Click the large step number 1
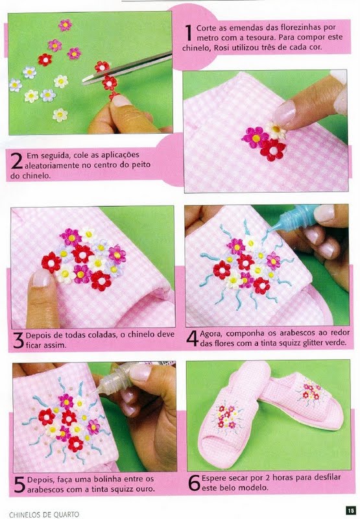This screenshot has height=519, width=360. point(189,33)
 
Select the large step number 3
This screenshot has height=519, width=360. point(18,340)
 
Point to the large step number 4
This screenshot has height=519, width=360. point(193,338)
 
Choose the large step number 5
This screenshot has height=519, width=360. point(20,484)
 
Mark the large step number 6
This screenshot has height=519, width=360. point(194,483)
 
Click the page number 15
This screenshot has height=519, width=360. point(350,510)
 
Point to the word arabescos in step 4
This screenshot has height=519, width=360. point(298,333)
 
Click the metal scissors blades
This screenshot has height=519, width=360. point(127,68)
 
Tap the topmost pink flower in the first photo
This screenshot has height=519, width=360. point(65,25)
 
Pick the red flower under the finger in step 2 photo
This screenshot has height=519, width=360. point(272,150)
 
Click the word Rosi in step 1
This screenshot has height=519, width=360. point(221,47)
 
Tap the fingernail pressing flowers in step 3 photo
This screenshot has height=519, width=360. point(41,278)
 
